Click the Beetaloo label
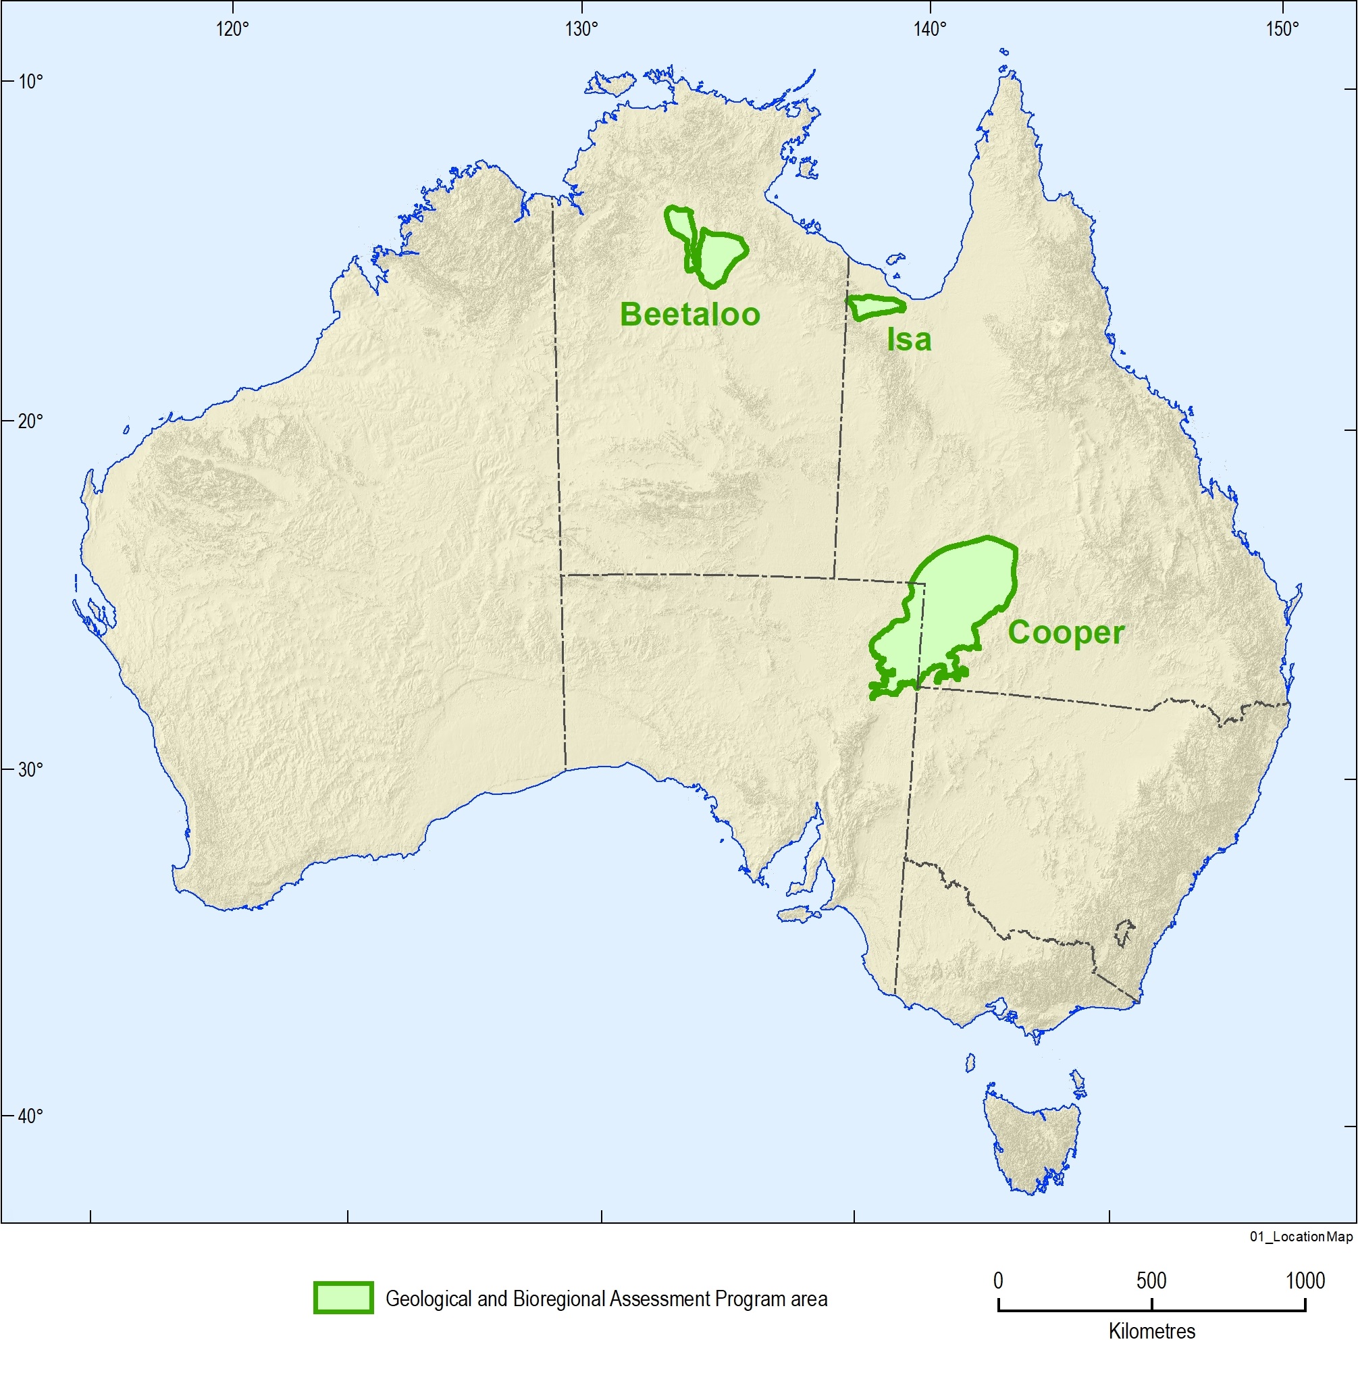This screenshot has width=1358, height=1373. click(690, 314)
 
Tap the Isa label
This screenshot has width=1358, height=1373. click(909, 340)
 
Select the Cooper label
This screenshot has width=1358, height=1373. click(1066, 631)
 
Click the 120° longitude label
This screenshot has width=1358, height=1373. click(233, 29)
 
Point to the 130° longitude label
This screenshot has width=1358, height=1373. click(582, 29)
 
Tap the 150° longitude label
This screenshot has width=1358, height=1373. click(1281, 29)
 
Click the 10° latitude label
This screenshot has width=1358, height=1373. click(30, 82)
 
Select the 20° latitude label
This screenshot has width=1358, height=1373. click(30, 421)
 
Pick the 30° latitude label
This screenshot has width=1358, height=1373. click(30, 769)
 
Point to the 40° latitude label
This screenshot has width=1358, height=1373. click(30, 1116)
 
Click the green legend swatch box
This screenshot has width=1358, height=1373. click(343, 1297)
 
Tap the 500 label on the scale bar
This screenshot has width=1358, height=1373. click(1151, 1280)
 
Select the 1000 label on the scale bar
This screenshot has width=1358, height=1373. click(1305, 1280)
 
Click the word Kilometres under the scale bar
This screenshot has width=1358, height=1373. click(1152, 1331)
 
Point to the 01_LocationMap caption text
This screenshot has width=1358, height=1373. click(1301, 1237)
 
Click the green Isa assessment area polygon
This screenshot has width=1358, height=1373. click(877, 307)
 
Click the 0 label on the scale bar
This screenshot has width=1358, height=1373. click(999, 1280)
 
